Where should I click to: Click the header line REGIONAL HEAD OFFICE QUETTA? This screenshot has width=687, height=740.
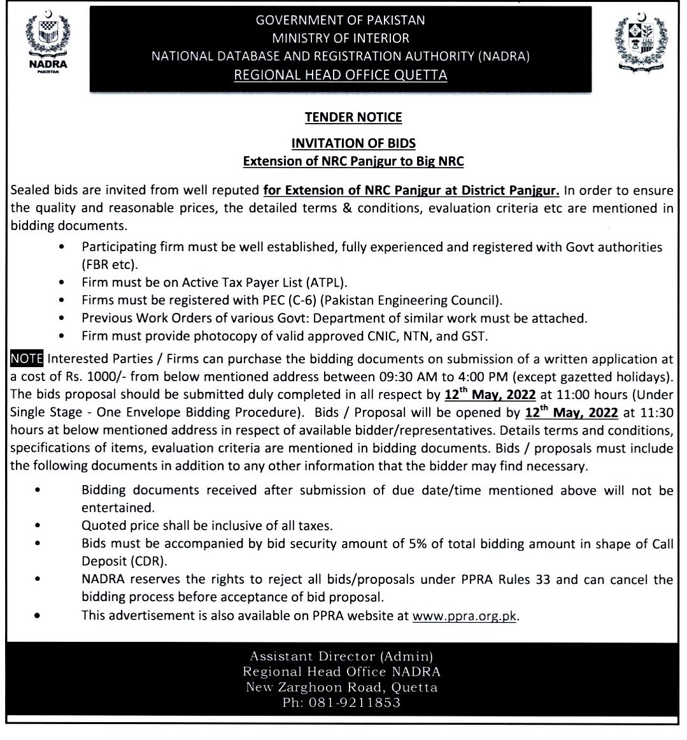click(341, 75)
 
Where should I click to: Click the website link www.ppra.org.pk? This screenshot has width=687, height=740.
click(465, 616)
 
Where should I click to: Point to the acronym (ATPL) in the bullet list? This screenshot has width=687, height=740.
click(323, 282)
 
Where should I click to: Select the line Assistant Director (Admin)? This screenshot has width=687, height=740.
click(341, 655)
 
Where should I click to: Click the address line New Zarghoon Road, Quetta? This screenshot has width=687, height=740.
click(341, 687)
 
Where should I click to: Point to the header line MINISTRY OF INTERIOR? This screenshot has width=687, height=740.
click(341, 38)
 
